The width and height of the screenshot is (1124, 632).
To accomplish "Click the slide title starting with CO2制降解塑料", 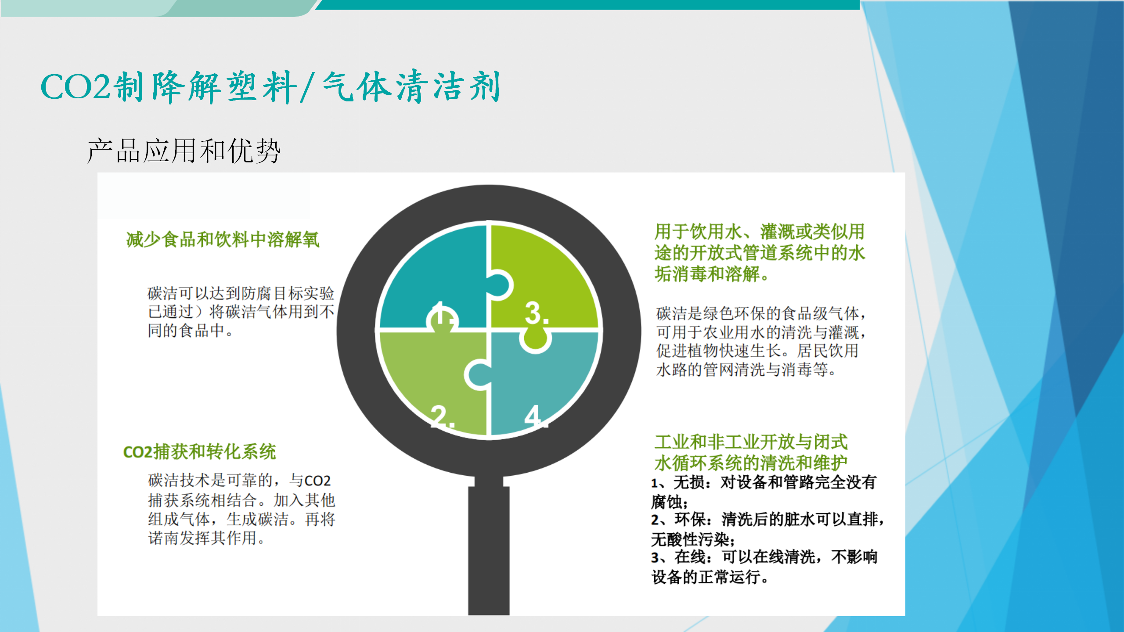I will tap(270, 86).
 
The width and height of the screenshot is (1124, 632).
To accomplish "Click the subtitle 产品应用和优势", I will tap(184, 151).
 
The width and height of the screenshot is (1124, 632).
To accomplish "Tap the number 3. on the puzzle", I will tap(537, 313).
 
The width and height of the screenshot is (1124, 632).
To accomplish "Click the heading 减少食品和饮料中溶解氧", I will tap(223, 240).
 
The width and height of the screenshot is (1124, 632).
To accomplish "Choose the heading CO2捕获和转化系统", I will tap(199, 452).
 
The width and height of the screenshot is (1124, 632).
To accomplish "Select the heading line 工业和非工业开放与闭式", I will tap(751, 442).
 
